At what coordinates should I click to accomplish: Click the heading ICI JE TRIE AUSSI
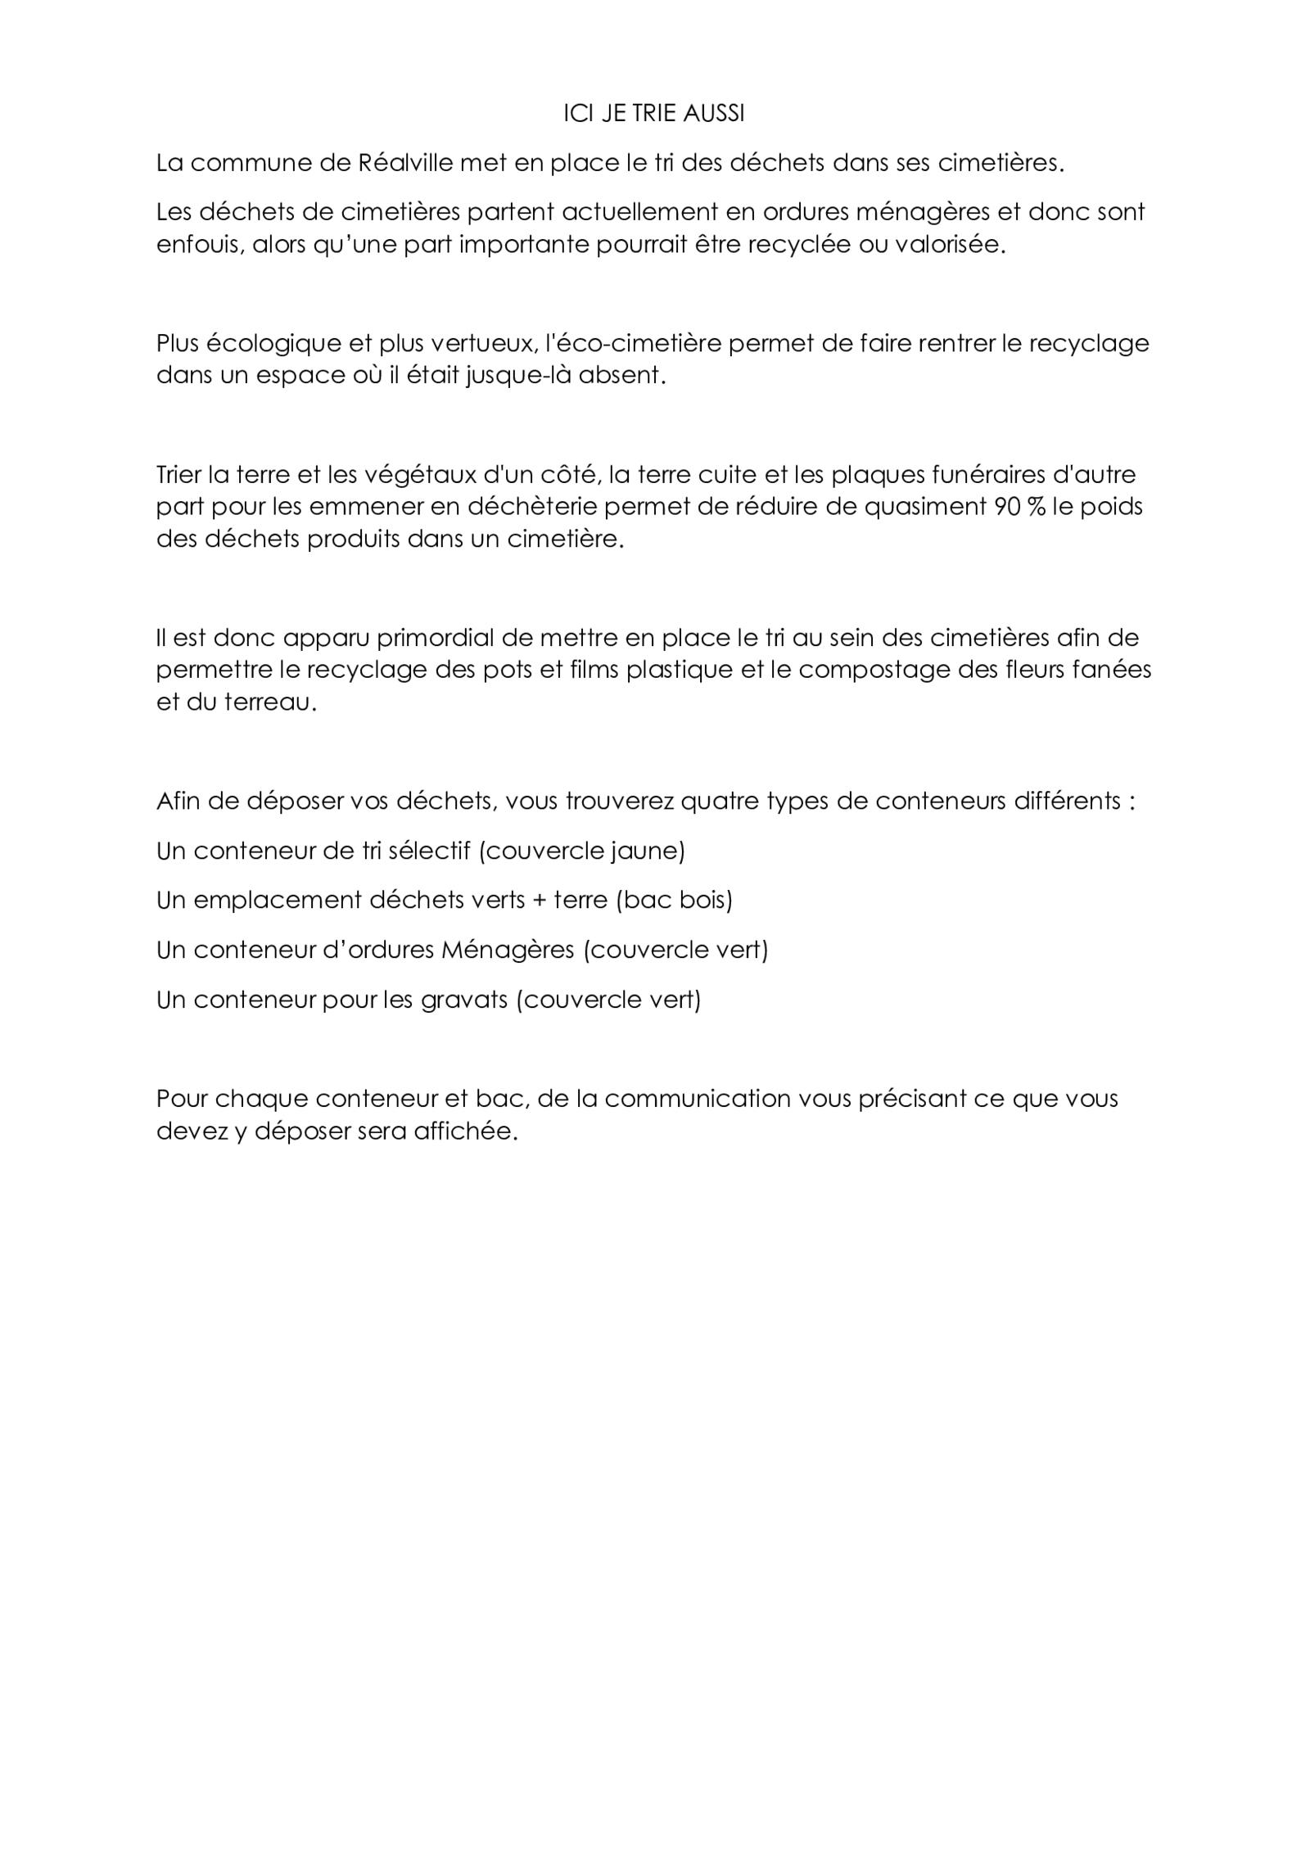(654, 114)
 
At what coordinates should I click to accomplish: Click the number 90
(1007, 507)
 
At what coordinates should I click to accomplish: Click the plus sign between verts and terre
(540, 901)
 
